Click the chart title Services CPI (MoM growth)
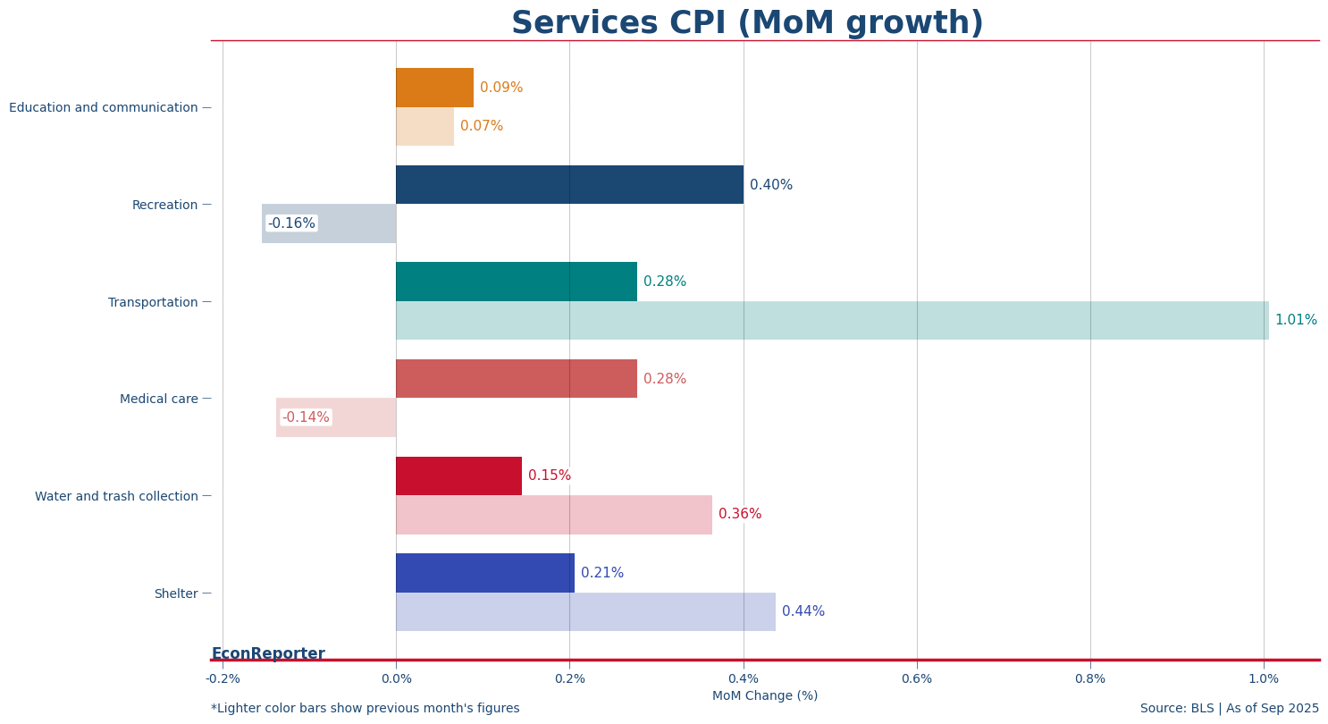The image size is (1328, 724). (x=747, y=23)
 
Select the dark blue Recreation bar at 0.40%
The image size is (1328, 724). (x=569, y=185)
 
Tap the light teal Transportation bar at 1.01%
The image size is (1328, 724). (x=832, y=320)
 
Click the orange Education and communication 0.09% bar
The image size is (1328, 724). (x=434, y=88)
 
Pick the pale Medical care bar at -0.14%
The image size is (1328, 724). (x=336, y=417)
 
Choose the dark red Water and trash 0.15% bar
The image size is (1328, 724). (x=458, y=476)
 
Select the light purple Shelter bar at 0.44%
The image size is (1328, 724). (x=585, y=611)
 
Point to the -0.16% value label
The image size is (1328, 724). (x=291, y=223)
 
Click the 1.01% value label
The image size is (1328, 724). (x=1295, y=320)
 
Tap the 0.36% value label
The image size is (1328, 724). (x=739, y=514)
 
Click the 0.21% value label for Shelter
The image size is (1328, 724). (x=601, y=573)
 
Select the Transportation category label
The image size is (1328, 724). (x=153, y=303)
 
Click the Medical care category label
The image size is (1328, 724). (x=159, y=400)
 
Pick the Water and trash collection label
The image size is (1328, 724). (x=116, y=496)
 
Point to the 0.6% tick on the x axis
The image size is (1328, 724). (x=916, y=678)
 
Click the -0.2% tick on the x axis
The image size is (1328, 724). (x=223, y=678)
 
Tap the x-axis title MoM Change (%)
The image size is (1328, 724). (x=764, y=696)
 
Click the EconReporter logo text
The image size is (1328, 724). (x=268, y=653)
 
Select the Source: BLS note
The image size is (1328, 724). (x=1229, y=709)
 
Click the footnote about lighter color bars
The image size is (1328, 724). (x=365, y=709)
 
